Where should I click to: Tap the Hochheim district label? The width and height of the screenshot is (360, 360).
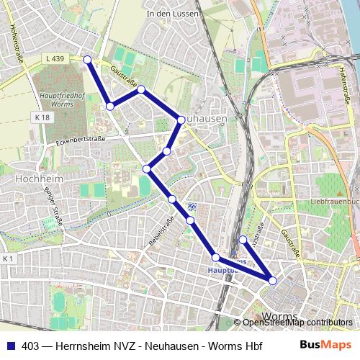coord(30,176)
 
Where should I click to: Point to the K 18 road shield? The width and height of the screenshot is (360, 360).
coord(42,117)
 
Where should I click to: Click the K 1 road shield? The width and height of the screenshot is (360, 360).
coord(8,258)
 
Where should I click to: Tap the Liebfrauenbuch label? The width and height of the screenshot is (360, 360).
coord(335,202)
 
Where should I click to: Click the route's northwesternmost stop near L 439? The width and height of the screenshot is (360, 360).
coord(87,60)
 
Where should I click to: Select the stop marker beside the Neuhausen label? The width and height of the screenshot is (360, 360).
coord(181,121)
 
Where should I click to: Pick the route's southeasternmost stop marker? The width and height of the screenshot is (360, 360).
coord(273,281)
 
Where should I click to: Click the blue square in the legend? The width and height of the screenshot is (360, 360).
coord(10,346)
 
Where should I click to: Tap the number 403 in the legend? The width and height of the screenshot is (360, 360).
coord(30,346)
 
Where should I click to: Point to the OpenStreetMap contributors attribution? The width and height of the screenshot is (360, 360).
coord(297,323)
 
